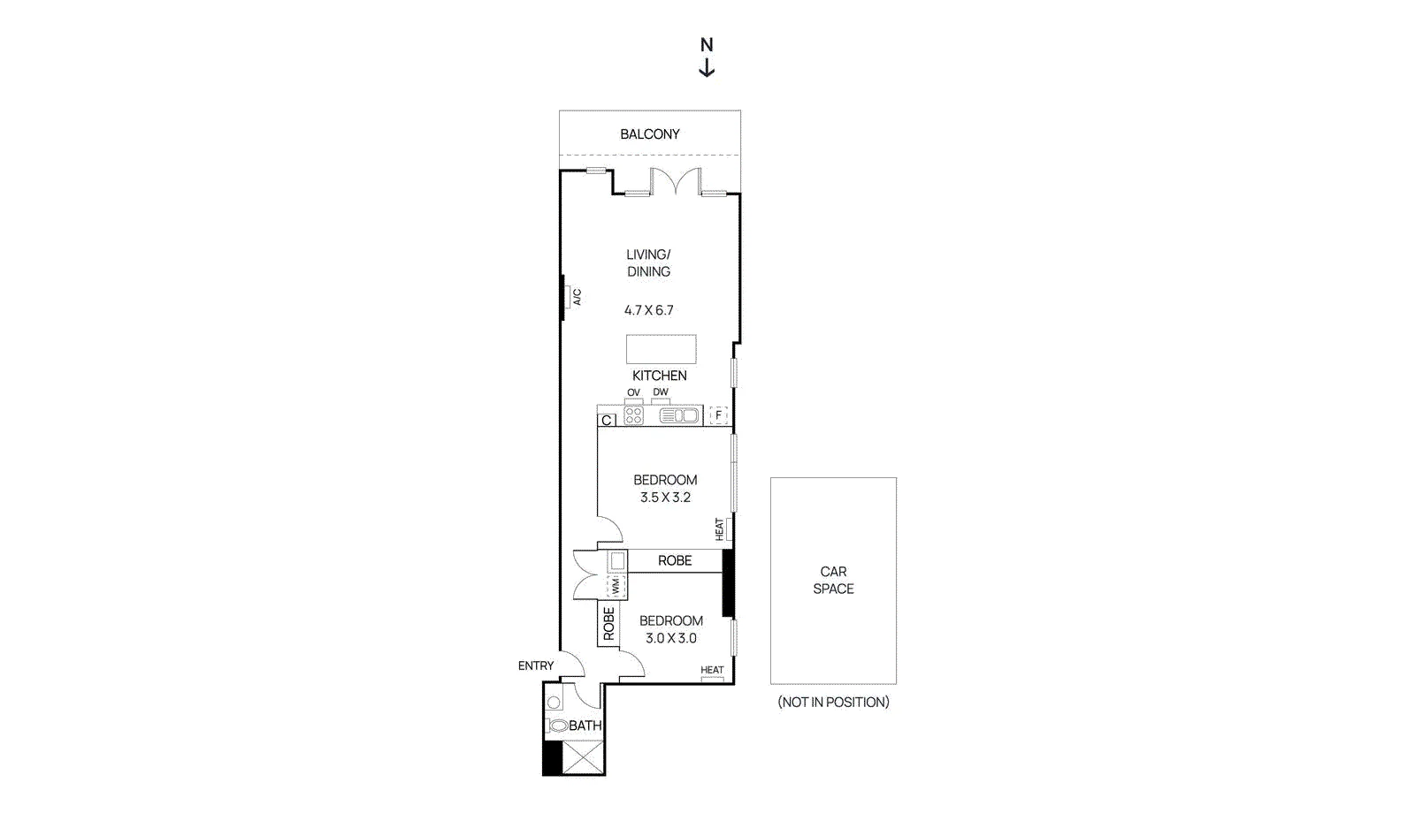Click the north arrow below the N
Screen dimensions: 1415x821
pos(707,67)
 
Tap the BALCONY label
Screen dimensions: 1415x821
pos(649,134)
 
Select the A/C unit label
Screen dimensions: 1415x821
pos(577,297)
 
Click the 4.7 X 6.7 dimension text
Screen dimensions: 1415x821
pos(649,310)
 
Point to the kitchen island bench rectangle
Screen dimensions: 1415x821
pos(662,349)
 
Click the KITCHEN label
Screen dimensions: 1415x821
pos(660,376)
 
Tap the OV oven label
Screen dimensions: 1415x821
pos(633,392)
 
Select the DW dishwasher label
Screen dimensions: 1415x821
pos(661,391)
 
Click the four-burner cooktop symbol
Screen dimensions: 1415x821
pos(633,416)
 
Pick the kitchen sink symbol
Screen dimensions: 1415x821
pos(679,416)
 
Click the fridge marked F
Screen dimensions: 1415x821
pos(718,415)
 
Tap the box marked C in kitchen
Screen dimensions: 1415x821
pos(607,421)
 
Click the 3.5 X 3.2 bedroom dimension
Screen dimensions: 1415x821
pos(665,498)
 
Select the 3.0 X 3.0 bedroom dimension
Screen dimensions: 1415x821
pos(671,638)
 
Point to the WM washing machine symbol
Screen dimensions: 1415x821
pos(616,586)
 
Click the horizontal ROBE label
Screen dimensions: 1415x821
pos(675,560)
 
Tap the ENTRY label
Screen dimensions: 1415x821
pos(536,665)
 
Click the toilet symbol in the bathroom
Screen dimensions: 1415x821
pos(557,726)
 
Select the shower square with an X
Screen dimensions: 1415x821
pos(583,757)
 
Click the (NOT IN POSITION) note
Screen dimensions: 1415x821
pos(833,702)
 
